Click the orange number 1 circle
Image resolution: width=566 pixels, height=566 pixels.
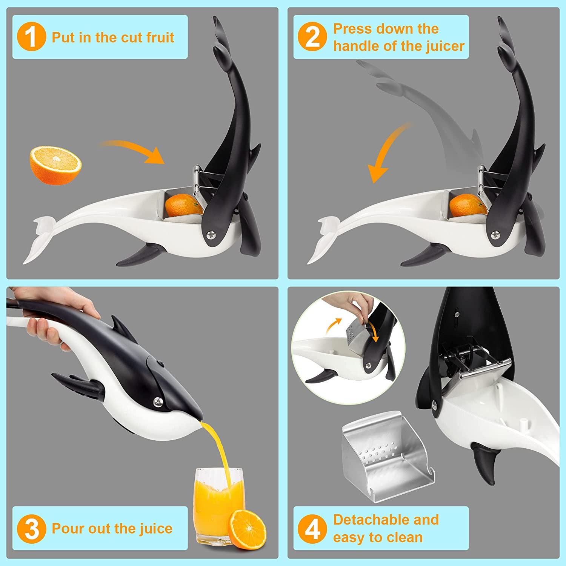tap(32, 37)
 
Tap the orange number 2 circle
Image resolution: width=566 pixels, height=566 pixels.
tap(312, 37)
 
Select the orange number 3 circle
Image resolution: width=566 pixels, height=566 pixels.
tap(32, 529)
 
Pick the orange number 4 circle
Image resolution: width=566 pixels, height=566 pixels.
tap(312, 529)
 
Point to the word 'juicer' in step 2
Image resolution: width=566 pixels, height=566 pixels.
tap(446, 46)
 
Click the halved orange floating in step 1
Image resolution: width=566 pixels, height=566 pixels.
tap(55, 165)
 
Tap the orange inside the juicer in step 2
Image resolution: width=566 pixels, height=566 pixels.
tap(468, 206)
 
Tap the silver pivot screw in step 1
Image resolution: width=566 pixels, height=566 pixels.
tap(210, 235)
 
